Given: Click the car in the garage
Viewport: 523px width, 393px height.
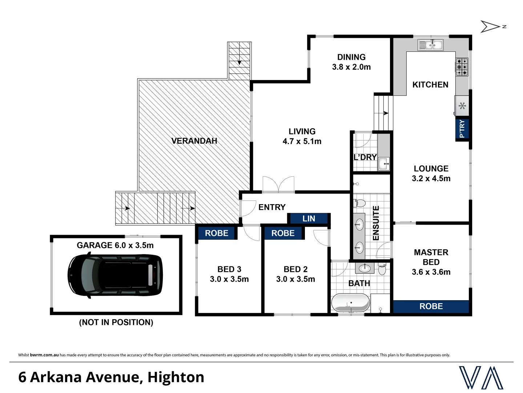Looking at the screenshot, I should click(x=115, y=275).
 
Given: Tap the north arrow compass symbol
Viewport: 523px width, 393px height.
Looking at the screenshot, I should click(x=491, y=27).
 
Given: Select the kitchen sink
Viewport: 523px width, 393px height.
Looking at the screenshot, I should click(x=431, y=45).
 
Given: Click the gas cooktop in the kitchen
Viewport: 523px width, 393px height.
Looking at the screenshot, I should click(x=462, y=67).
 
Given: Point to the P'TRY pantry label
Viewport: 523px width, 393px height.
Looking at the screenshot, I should click(x=462, y=129).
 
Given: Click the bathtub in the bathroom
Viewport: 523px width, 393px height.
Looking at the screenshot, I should click(x=350, y=303).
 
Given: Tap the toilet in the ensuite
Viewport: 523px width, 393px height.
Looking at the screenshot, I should click(x=360, y=203).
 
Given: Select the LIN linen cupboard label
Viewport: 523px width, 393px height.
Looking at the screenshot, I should click(x=309, y=218).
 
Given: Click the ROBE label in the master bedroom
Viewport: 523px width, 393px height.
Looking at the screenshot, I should click(x=431, y=306).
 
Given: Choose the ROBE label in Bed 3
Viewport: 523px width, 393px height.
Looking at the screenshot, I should click(x=217, y=233).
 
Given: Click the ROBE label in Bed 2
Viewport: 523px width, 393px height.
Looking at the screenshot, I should click(x=283, y=233).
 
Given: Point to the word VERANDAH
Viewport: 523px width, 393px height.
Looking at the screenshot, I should click(x=194, y=141).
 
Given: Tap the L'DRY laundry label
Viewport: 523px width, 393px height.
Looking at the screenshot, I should click(x=365, y=157).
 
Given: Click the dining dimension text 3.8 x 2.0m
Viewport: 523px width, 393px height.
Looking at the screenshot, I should click(x=351, y=67).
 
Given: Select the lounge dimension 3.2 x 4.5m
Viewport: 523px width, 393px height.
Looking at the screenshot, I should click(x=431, y=178).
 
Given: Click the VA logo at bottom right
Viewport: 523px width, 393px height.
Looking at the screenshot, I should click(x=481, y=378).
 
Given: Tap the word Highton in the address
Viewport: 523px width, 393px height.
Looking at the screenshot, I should click(x=176, y=377).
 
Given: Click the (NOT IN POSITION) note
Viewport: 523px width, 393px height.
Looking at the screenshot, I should click(x=116, y=322).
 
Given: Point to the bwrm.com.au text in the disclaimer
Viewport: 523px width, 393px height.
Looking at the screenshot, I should click(x=44, y=355).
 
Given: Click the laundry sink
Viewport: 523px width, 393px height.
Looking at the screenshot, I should click(x=384, y=163).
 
